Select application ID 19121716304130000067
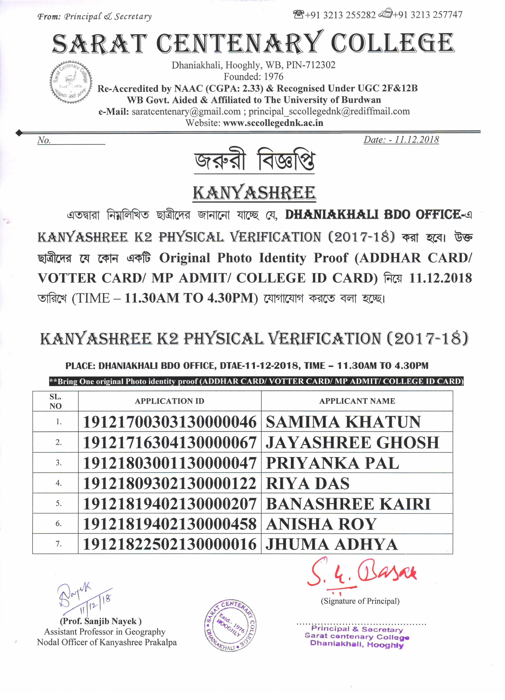[170, 442]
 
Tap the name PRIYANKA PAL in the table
[332, 463]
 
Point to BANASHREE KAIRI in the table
[348, 504]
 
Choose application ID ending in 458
[170, 524]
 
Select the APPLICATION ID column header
[170, 401]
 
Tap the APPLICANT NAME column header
[357, 401]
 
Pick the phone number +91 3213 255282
[340, 15]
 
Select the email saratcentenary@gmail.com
[186, 111]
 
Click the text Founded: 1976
[253, 76]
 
